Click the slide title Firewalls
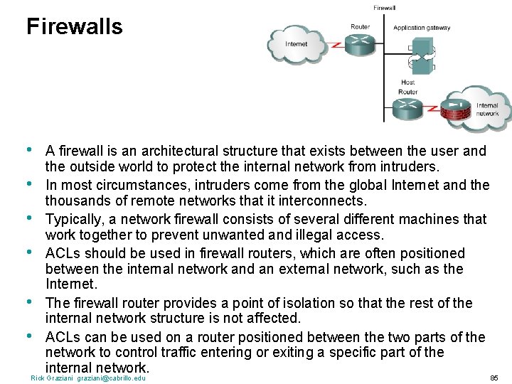74,27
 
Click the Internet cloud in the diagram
296,43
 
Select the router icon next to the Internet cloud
361,43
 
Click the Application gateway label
422,28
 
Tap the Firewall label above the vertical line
384,8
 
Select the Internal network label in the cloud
487,110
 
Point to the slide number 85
494,378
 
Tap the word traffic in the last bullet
196,353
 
